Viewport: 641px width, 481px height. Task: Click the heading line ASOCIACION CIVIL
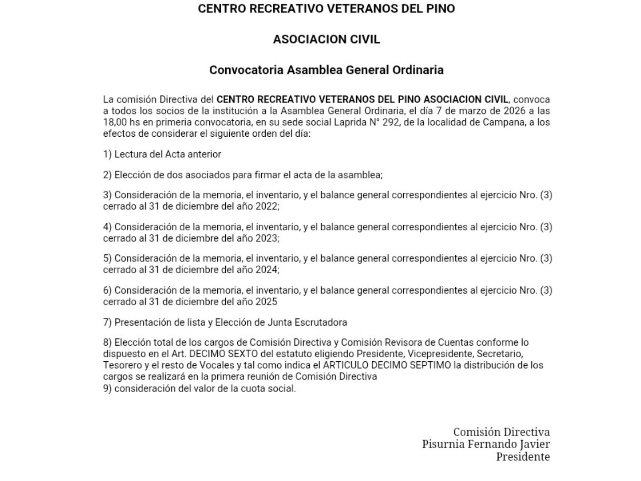[326, 39]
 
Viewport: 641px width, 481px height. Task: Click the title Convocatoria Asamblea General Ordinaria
[326, 70]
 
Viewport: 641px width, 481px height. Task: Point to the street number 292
[389, 122]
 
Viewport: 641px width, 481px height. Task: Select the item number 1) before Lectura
[107, 154]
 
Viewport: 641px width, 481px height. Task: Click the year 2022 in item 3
[267, 206]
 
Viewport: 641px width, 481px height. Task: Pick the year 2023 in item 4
[267, 238]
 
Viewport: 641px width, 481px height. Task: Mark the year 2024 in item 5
[267, 269]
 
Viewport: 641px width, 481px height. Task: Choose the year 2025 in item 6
[266, 302]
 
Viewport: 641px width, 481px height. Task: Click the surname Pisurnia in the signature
[443, 444]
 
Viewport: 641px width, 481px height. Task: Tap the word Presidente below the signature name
[523, 457]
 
